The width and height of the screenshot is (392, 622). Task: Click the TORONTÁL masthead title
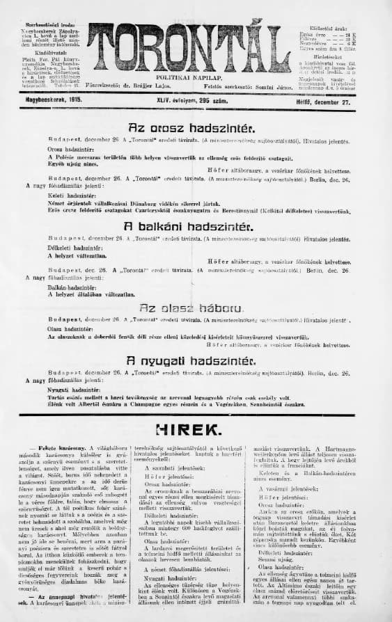(189, 46)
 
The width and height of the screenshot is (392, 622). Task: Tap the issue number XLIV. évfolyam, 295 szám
(178, 100)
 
